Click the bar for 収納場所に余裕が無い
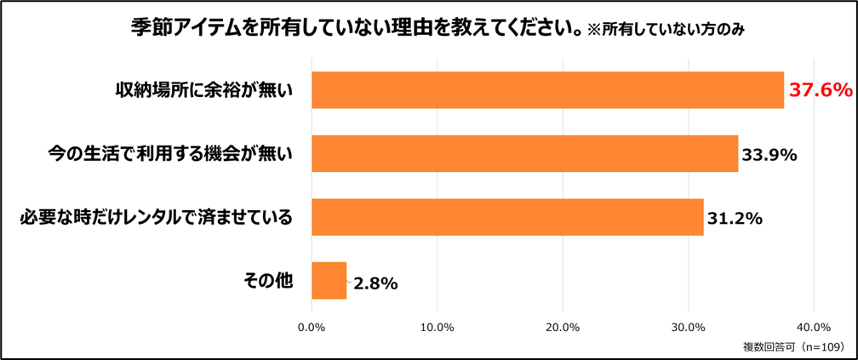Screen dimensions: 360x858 (x=547, y=89)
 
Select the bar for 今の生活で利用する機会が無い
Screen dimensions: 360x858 (x=524, y=153)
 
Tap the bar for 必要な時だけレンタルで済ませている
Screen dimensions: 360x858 (x=507, y=217)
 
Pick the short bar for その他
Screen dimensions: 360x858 (x=329, y=281)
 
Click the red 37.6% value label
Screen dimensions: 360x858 (x=821, y=90)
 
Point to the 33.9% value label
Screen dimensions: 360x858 (x=769, y=155)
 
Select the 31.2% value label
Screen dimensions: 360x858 (x=734, y=218)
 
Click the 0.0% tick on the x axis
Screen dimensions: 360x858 (x=312, y=327)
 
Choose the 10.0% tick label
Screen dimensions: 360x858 (x=437, y=327)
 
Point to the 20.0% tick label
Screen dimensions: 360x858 (x=563, y=327)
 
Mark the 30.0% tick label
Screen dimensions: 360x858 (x=688, y=327)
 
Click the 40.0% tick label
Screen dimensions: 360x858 (x=813, y=327)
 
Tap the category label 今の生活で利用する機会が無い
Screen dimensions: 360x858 (x=169, y=154)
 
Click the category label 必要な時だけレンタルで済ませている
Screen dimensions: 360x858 (x=156, y=218)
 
